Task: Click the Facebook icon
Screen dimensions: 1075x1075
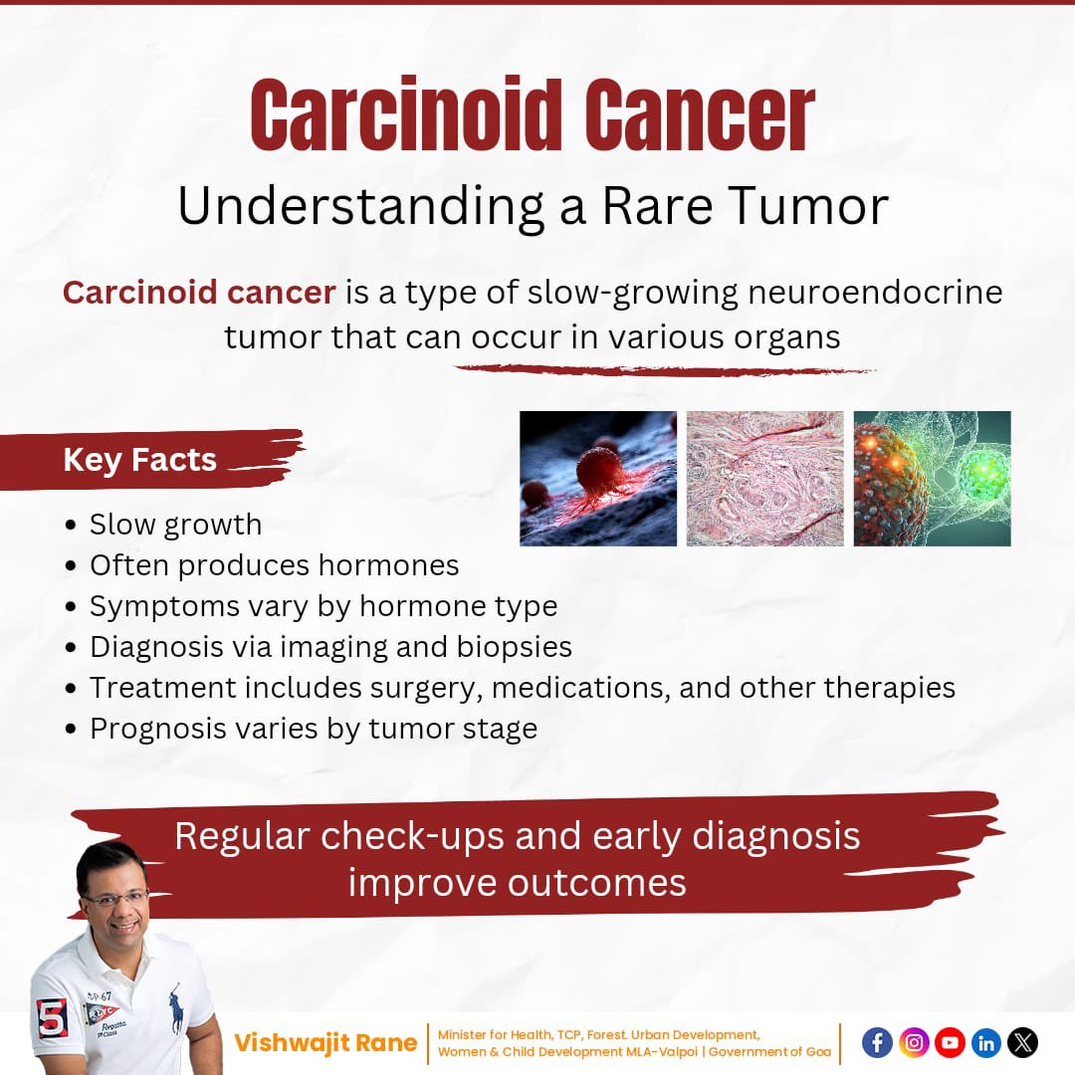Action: (877, 1042)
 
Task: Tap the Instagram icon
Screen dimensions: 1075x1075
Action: (914, 1042)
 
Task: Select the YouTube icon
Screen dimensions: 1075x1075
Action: (950, 1042)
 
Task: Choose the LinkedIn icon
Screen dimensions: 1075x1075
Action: (985, 1042)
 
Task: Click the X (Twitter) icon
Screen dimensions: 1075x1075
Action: (1022, 1042)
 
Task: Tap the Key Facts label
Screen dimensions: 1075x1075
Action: (139, 460)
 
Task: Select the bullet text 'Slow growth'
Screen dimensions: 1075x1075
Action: (175, 525)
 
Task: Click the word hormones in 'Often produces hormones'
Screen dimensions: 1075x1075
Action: (388, 565)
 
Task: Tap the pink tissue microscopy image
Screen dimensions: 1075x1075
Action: (764, 478)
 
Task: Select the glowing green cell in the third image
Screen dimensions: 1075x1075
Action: (980, 468)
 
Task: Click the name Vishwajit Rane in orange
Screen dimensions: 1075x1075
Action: (325, 1043)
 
